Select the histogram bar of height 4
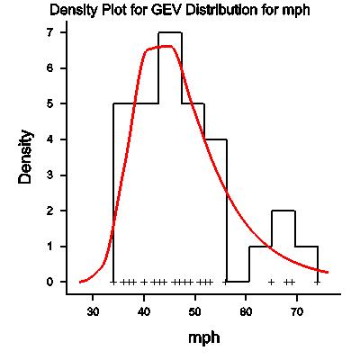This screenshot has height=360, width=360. point(215,211)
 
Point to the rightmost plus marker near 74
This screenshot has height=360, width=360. point(317,282)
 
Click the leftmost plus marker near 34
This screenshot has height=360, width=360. point(113,282)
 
